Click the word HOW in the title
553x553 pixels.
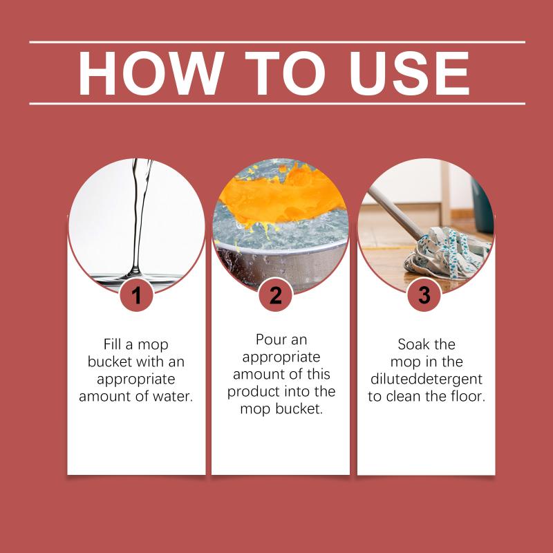(x=151, y=73)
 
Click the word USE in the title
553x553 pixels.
(x=409, y=73)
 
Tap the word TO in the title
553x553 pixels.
(x=285, y=73)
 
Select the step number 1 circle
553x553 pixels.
(x=136, y=294)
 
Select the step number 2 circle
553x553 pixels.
(x=275, y=294)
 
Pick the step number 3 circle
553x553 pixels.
(x=424, y=294)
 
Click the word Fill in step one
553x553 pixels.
(x=112, y=344)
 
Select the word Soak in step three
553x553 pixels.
(x=411, y=344)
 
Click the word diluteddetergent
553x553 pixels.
(x=426, y=379)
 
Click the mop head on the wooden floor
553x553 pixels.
(x=447, y=253)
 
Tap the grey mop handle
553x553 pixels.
(x=395, y=212)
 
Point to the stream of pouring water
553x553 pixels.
(x=140, y=218)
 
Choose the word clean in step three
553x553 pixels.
(x=404, y=396)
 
